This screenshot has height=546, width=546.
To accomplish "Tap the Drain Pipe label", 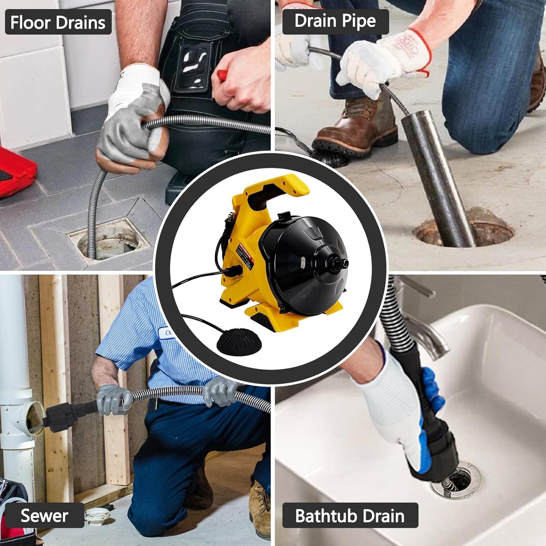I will pos(335,21).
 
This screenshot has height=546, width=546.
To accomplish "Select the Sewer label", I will pos(44,515).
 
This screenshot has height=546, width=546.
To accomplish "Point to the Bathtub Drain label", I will pos(350,515).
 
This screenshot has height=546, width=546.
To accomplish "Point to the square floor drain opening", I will pos(109,240).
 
